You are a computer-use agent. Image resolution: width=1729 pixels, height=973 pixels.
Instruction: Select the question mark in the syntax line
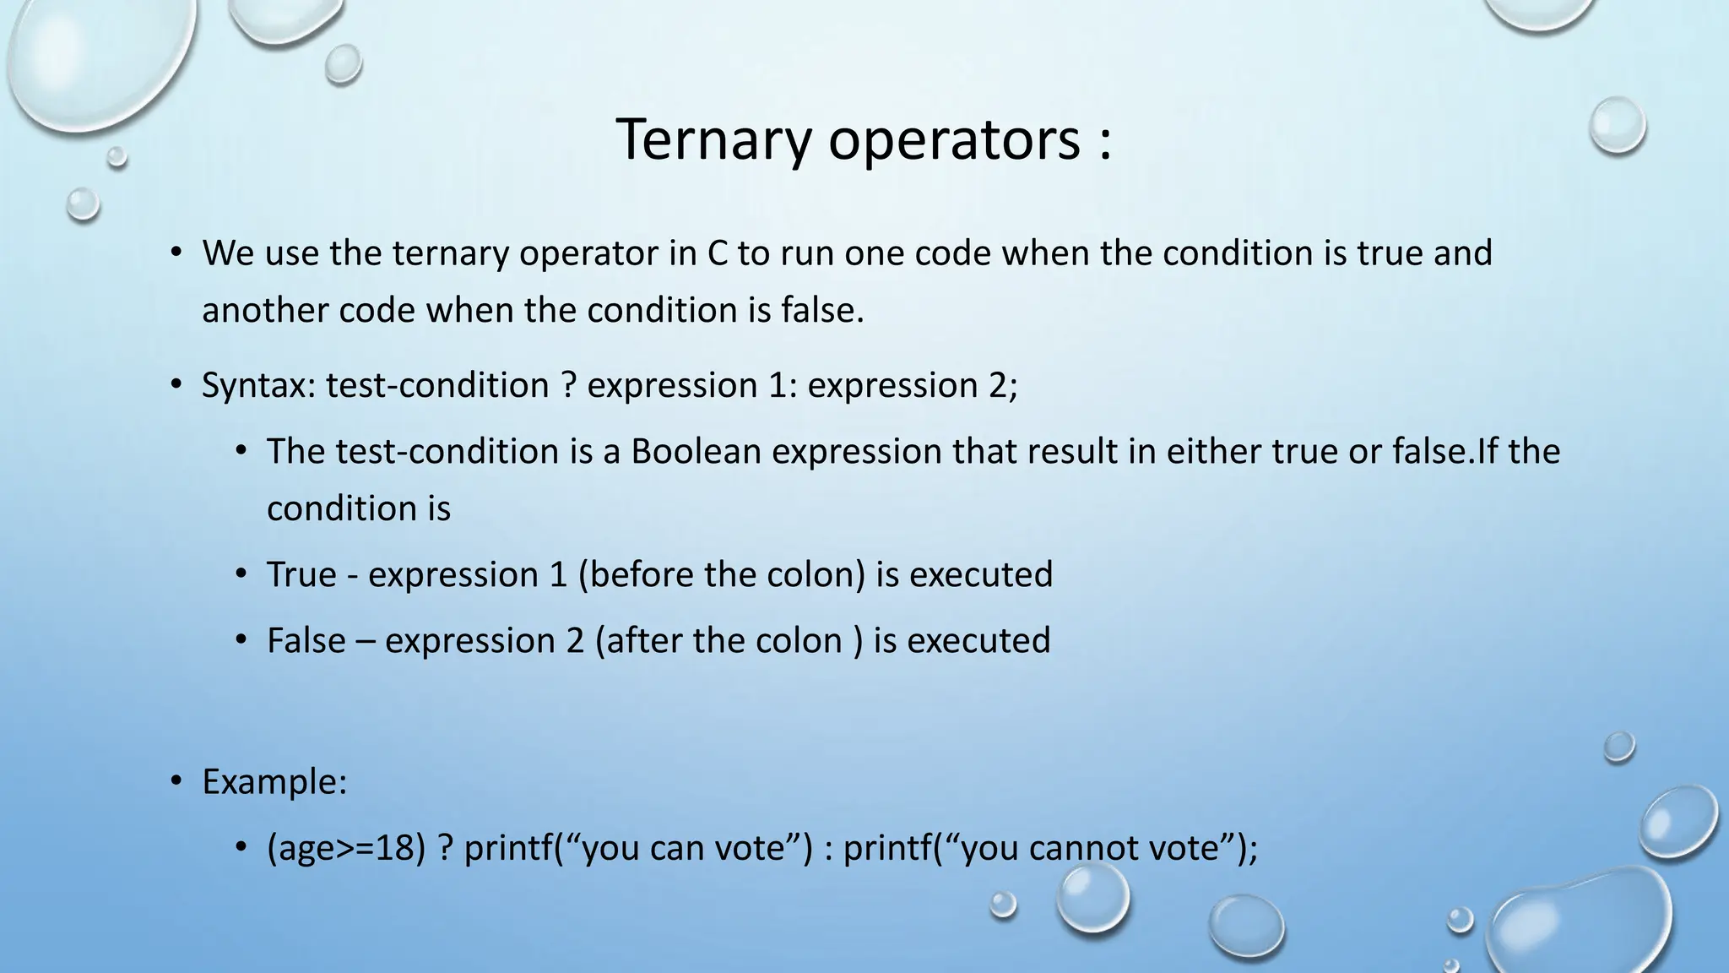pos(568,385)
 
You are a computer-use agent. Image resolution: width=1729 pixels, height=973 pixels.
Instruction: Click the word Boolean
pos(696,451)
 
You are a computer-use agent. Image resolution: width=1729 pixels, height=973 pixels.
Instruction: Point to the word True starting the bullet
pos(301,574)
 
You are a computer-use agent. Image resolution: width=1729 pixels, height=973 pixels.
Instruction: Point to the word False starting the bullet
pos(306,640)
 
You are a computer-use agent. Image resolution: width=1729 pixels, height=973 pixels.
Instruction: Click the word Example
pos(274,781)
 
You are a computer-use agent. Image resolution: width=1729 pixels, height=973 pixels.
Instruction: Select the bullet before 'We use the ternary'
pos(176,253)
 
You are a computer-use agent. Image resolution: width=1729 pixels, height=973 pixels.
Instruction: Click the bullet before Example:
pos(176,781)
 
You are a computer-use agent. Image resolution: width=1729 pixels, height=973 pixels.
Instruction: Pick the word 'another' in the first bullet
pos(265,311)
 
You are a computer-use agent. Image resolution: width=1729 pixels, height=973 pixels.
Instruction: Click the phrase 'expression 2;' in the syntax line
pos(913,386)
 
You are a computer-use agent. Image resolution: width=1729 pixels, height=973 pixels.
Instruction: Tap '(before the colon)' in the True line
pos(722,574)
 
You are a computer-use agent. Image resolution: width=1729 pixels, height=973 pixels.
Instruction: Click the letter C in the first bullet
pos(717,253)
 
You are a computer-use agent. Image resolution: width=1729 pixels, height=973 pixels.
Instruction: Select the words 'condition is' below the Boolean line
pos(359,508)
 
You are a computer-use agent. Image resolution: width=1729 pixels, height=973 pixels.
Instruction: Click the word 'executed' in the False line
pos(978,640)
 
